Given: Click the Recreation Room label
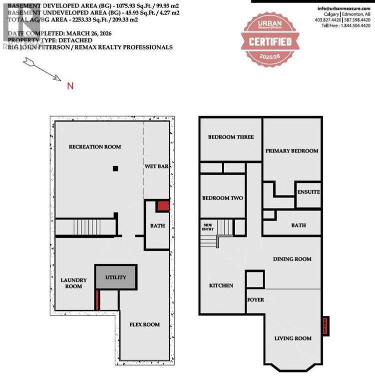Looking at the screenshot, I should (x=95, y=146).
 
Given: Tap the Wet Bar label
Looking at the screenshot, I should (x=156, y=166).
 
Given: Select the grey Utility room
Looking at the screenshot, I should (x=115, y=277).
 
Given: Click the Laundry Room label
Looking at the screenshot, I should (x=73, y=283).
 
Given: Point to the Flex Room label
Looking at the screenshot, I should (x=145, y=324).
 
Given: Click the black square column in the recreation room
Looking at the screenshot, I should (x=115, y=169).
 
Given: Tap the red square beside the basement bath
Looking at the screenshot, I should (x=163, y=206).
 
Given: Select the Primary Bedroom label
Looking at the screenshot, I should (x=292, y=150).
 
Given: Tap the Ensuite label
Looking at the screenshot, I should (x=308, y=192).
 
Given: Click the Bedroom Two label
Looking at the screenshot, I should (x=222, y=198).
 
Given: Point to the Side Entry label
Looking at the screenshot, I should (x=208, y=227).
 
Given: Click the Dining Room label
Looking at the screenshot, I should (x=292, y=259).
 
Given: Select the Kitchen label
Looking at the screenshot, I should (x=221, y=285).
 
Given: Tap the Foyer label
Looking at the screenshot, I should (x=256, y=299).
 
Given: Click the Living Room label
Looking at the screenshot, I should (x=293, y=338).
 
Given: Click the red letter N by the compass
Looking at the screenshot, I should (x=70, y=86).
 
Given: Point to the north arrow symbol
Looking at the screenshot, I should (x=42, y=69).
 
